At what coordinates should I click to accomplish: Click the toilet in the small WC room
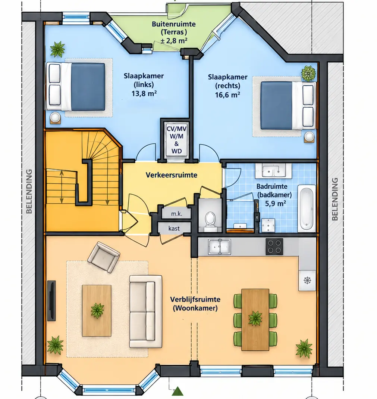click(210, 222)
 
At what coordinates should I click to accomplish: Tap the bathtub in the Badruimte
click(307, 208)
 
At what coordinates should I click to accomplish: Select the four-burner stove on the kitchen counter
click(274, 246)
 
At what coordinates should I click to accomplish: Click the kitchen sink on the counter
click(220, 247)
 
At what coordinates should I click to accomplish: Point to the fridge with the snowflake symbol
click(307, 281)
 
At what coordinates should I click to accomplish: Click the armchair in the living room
click(103, 257)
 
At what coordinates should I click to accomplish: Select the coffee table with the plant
click(97, 310)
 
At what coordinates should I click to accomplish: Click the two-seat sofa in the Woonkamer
click(145, 311)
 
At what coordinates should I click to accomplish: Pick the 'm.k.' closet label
click(176, 214)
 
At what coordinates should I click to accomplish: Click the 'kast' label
click(174, 228)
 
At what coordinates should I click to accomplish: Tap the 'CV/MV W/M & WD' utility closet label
click(176, 140)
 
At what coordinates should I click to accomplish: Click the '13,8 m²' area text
click(144, 93)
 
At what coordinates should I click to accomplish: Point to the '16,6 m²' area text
click(227, 95)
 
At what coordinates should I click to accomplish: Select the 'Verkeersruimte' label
click(172, 175)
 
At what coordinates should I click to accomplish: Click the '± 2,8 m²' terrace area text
click(174, 40)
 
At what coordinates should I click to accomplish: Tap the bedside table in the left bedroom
click(56, 118)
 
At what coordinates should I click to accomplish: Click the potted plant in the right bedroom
click(308, 73)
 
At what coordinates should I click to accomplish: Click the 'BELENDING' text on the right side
click(335, 199)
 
